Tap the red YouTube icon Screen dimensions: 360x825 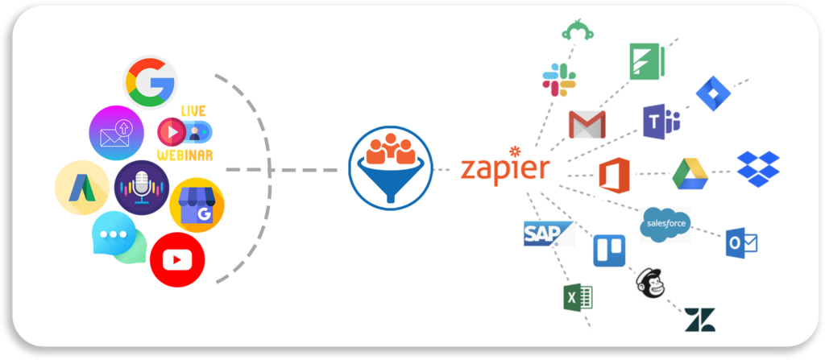click(x=177, y=259)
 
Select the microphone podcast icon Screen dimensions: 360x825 click(x=142, y=188)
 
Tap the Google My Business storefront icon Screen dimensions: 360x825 click(x=197, y=205)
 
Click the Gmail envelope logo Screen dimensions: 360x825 click(x=587, y=125)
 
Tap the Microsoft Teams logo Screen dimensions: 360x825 click(x=661, y=122)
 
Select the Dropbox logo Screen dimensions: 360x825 click(x=758, y=169)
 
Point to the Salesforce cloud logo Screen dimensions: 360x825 click(x=665, y=224)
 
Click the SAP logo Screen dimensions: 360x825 click(x=545, y=233)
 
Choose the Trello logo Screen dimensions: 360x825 click(x=609, y=250)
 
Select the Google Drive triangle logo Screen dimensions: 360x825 click(x=691, y=174)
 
